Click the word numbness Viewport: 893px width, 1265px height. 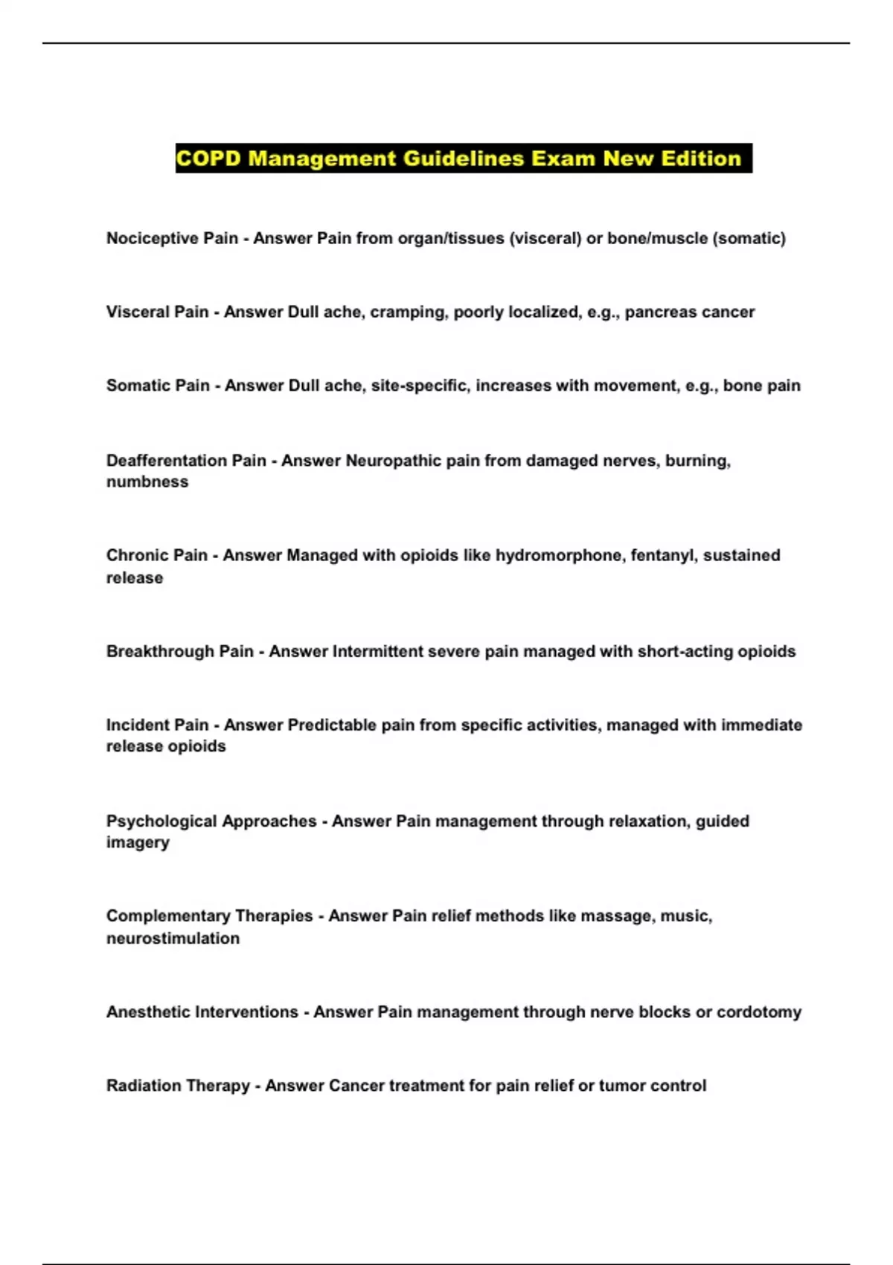pos(147,482)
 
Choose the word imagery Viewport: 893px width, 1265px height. pos(138,842)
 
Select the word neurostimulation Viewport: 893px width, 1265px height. pos(173,938)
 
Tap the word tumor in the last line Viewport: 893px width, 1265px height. pos(622,1086)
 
